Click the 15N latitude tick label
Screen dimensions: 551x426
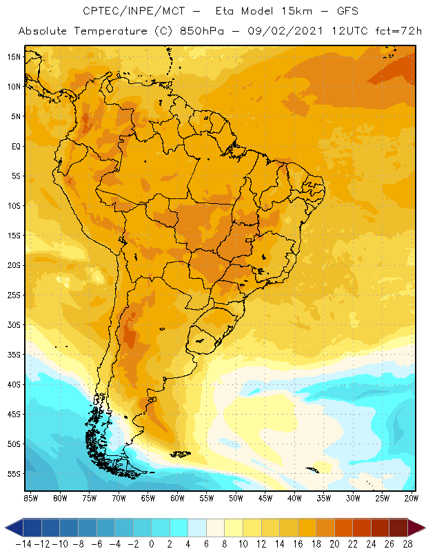point(14,56)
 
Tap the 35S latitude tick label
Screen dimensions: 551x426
point(14,355)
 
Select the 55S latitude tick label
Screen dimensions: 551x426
point(14,474)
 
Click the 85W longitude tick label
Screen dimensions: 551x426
point(30,497)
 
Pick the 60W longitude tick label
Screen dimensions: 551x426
point(178,497)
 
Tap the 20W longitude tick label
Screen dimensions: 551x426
point(411,497)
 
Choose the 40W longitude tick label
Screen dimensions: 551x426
point(294,497)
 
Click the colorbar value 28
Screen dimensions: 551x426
point(406,544)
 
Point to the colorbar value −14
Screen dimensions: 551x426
point(23,544)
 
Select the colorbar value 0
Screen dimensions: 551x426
point(152,544)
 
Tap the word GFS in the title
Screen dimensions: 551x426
point(345,12)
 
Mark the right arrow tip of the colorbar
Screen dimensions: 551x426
point(422,528)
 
